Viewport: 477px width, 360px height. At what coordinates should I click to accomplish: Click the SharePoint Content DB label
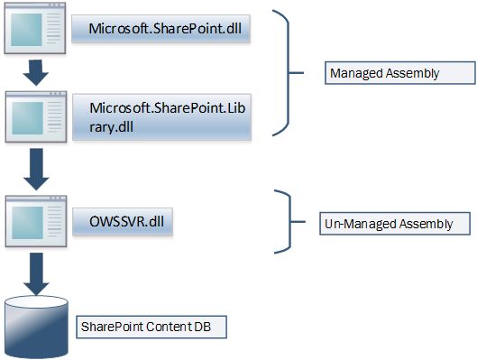coord(150,326)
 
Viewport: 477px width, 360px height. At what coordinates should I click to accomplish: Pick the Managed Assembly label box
coord(399,73)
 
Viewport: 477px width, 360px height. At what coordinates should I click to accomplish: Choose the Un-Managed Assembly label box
coord(387,222)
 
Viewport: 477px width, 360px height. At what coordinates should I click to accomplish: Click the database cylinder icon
coord(35,327)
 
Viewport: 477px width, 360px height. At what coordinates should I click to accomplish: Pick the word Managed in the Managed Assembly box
coord(354,73)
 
